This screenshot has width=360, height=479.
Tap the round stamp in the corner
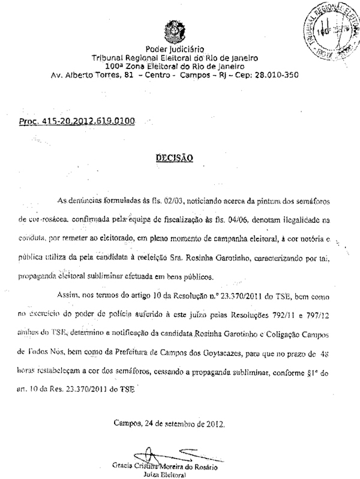pos(329,28)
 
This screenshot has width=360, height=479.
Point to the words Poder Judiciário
pos(174,49)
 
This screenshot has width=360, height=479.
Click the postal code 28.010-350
pos(270,75)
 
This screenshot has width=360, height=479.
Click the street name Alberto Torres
pos(92,75)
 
